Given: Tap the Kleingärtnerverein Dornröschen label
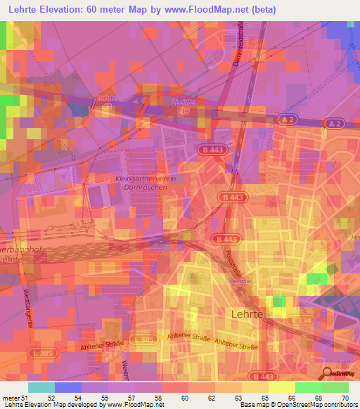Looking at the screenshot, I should pos(139,184).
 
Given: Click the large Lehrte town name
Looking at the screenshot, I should pos(247,314).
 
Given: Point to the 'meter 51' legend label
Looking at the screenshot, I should pos(15,397).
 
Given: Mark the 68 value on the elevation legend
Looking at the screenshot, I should pos(323,397).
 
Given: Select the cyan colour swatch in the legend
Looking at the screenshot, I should pos(41,387).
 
